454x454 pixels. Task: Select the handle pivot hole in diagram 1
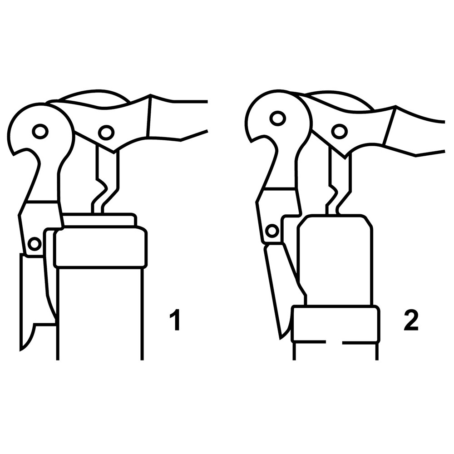point(106,132)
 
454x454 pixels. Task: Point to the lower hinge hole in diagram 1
point(35,244)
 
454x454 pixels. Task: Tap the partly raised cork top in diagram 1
point(99,219)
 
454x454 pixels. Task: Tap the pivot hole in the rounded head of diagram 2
point(277,118)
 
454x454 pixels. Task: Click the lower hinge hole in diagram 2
point(272,231)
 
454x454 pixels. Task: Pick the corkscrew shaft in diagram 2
point(339,179)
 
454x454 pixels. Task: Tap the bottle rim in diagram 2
point(336,324)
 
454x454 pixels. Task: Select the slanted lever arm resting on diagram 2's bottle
point(282,290)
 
